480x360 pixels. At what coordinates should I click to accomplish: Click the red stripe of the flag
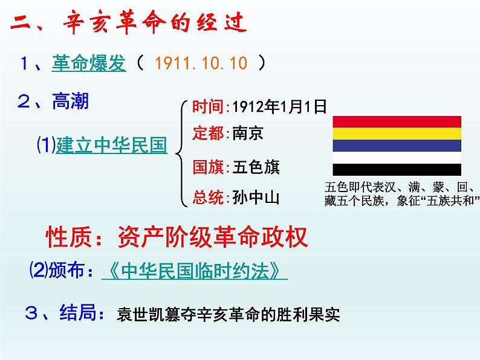(x=397, y=122)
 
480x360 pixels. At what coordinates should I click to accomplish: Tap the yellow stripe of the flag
(x=397, y=133)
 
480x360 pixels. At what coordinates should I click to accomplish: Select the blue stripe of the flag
(x=397, y=146)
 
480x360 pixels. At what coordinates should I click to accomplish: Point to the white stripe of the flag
(x=397, y=158)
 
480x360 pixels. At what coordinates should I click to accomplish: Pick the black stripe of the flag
(x=397, y=170)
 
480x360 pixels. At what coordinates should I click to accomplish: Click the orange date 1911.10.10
(x=201, y=63)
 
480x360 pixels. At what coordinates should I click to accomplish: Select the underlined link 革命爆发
(x=89, y=63)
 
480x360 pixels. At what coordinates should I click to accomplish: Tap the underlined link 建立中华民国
(x=111, y=145)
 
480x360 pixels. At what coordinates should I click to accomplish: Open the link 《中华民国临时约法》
(x=195, y=271)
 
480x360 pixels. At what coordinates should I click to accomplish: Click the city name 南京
(x=248, y=133)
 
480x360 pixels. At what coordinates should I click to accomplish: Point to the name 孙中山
(x=256, y=198)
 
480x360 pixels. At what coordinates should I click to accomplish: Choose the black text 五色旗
(x=256, y=167)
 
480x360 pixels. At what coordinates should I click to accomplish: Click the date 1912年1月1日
(x=279, y=107)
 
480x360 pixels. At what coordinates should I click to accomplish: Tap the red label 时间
(x=208, y=107)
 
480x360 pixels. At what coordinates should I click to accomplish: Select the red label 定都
(x=208, y=133)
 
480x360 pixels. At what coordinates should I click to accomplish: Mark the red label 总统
(x=208, y=198)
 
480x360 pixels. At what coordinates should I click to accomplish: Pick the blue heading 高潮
(x=70, y=101)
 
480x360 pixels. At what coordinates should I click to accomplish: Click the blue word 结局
(x=78, y=312)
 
